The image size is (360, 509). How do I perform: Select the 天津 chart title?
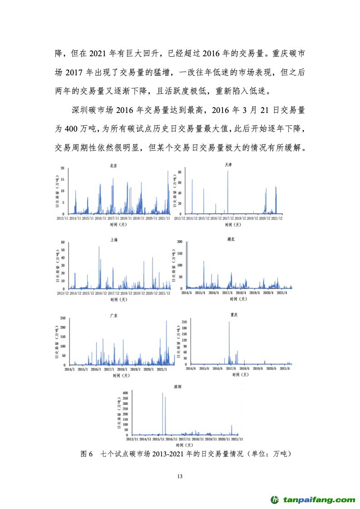click(228, 165)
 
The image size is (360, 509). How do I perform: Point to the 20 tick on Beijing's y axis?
click(63, 168)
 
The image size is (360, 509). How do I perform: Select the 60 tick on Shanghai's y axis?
click(63, 242)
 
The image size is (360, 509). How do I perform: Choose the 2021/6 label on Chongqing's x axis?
click(285, 368)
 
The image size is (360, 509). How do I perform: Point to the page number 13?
click(180, 476)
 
